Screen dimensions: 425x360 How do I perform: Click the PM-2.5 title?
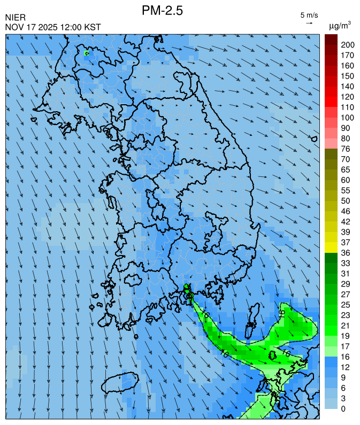point(163,11)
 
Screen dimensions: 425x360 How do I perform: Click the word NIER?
point(15,18)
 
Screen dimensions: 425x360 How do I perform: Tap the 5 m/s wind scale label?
point(309,15)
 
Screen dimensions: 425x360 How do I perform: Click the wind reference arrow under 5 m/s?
point(309,23)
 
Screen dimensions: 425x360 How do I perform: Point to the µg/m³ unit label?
point(340,25)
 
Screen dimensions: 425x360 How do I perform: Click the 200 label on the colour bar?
point(348,45)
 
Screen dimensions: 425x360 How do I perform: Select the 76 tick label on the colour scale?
point(345,149)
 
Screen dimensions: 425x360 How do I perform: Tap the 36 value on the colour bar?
point(345,253)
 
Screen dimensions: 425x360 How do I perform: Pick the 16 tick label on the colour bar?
point(345,357)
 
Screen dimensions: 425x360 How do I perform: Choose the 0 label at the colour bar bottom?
point(343,409)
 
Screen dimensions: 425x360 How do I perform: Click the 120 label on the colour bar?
point(348,97)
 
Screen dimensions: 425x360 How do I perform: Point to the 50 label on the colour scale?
point(345,200)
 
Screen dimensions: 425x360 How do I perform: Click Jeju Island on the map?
point(120,384)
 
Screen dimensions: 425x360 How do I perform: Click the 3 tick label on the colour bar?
point(343,398)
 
